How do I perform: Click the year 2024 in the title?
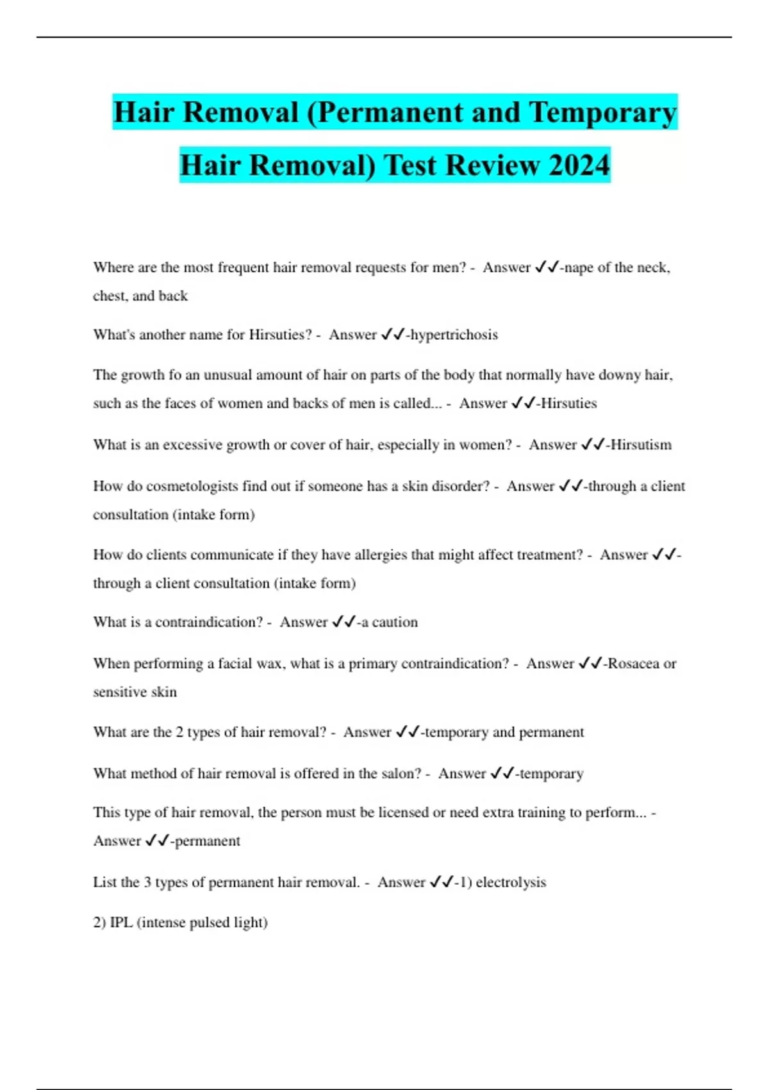579,165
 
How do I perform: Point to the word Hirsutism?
641,445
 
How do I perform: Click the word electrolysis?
511,882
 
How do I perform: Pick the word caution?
395,622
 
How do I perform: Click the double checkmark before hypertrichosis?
393,335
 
